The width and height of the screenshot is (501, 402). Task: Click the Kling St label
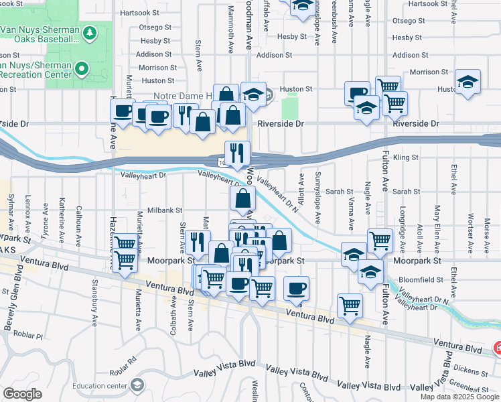coord(406,158)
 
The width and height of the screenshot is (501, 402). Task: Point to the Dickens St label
coord(473,370)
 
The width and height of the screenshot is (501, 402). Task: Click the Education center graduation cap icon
coord(137,385)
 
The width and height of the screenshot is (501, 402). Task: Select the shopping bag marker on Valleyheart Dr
coord(242,198)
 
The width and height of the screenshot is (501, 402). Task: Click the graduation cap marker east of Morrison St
coord(468,82)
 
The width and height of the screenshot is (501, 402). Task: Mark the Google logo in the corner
coord(22,394)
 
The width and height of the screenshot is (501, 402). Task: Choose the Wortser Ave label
coord(471,228)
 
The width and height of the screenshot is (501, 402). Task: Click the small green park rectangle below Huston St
coord(290,107)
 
